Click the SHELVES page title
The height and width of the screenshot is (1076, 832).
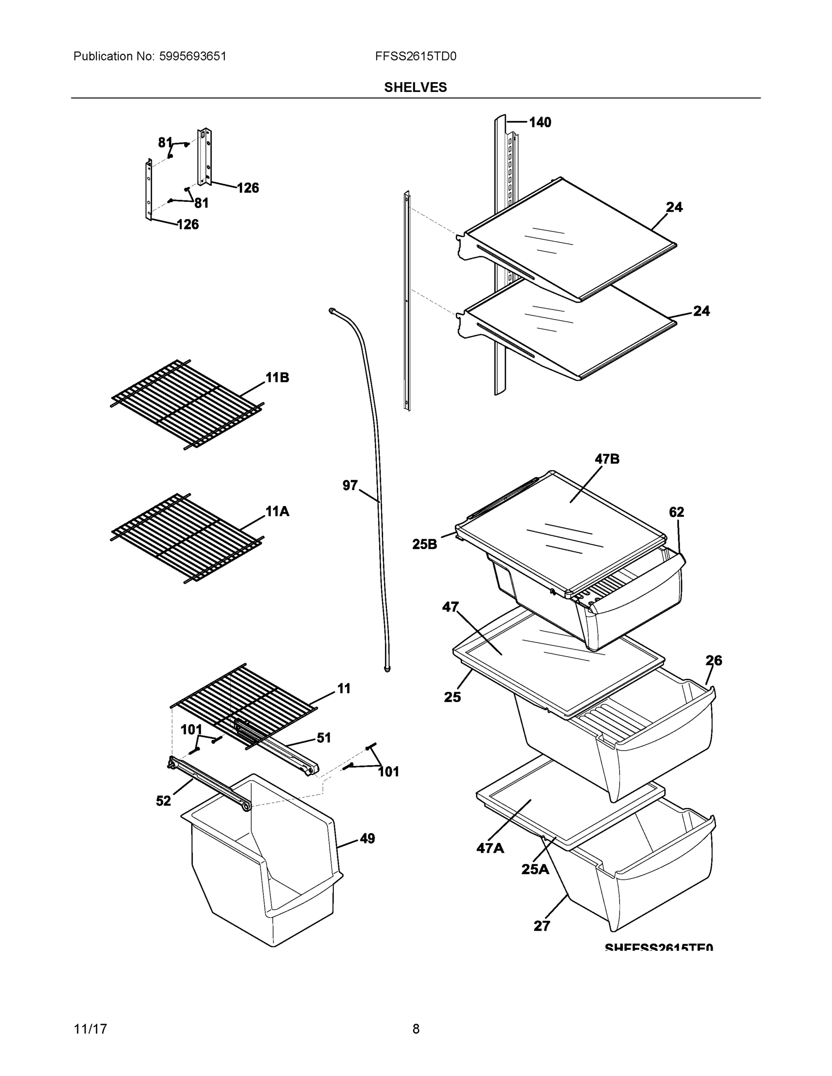[415, 87]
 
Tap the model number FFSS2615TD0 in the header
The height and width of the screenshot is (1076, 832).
[415, 56]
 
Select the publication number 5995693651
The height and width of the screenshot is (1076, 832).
[192, 56]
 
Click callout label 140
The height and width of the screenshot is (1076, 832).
[540, 122]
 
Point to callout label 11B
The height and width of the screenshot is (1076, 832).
[277, 378]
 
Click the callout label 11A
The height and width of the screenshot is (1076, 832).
[277, 512]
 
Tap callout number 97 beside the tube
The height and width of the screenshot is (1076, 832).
[350, 486]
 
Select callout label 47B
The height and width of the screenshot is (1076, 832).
[607, 459]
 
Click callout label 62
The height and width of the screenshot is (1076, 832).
[676, 512]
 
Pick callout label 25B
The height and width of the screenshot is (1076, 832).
[424, 544]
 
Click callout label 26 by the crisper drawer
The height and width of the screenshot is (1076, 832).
[713, 661]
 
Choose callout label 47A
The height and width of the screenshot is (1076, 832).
[490, 848]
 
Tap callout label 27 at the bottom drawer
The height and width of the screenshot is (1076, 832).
[542, 926]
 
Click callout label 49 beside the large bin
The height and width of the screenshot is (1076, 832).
[367, 838]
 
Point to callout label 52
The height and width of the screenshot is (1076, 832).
[164, 801]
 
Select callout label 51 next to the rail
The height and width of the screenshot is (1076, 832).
[323, 738]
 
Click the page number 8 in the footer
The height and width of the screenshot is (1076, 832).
[415, 1029]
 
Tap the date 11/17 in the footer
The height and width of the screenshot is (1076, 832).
[90, 1029]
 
